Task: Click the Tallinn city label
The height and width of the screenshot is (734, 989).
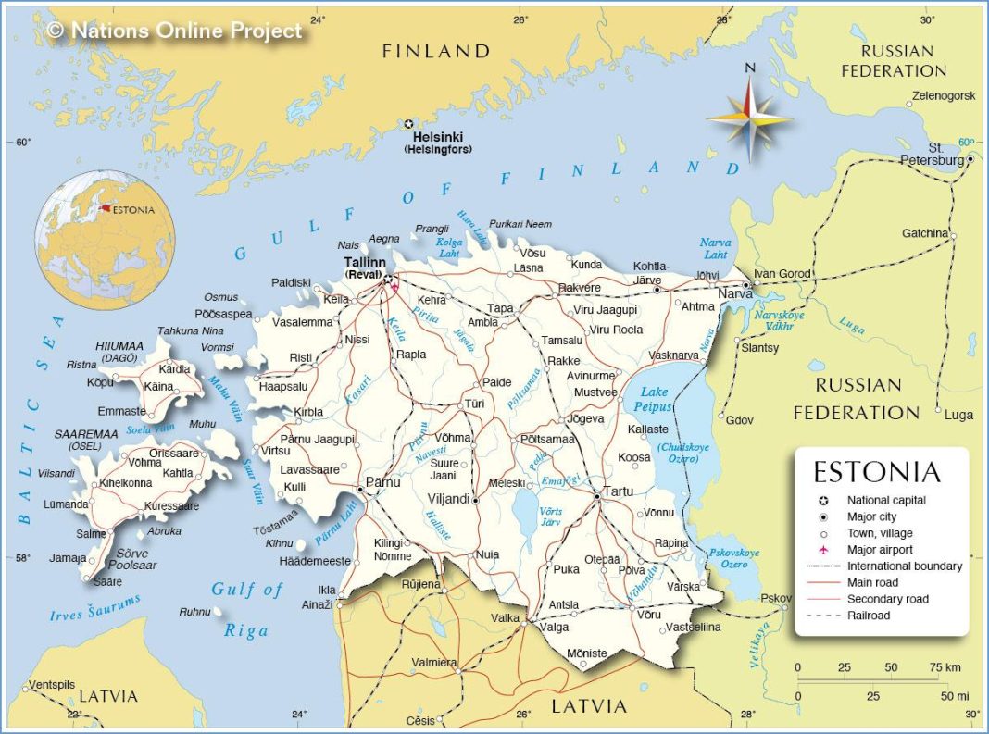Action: coord(365,263)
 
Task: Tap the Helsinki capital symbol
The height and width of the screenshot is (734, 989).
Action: coord(408,123)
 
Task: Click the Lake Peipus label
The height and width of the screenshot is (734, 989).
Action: coord(654,399)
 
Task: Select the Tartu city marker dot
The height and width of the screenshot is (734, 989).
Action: coord(597,497)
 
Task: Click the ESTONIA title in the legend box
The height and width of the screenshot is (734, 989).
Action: coord(876,472)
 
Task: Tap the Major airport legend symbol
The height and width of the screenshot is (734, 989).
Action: coord(822,550)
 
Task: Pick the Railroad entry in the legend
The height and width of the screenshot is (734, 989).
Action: coord(868,616)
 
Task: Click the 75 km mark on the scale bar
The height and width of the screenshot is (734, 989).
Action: coord(935,667)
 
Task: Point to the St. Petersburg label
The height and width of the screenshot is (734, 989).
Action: coord(933,154)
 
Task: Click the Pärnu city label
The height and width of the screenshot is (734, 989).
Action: coord(382,481)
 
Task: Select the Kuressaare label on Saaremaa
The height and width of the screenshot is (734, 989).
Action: coord(170,506)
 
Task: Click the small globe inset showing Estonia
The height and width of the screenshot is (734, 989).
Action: coord(96,239)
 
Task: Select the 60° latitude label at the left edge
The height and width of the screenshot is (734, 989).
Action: coord(22,142)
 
